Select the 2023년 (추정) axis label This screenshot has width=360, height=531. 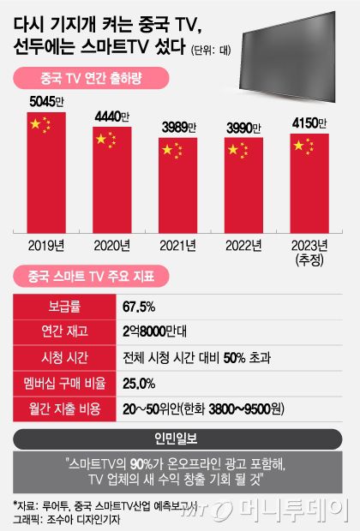311,251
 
